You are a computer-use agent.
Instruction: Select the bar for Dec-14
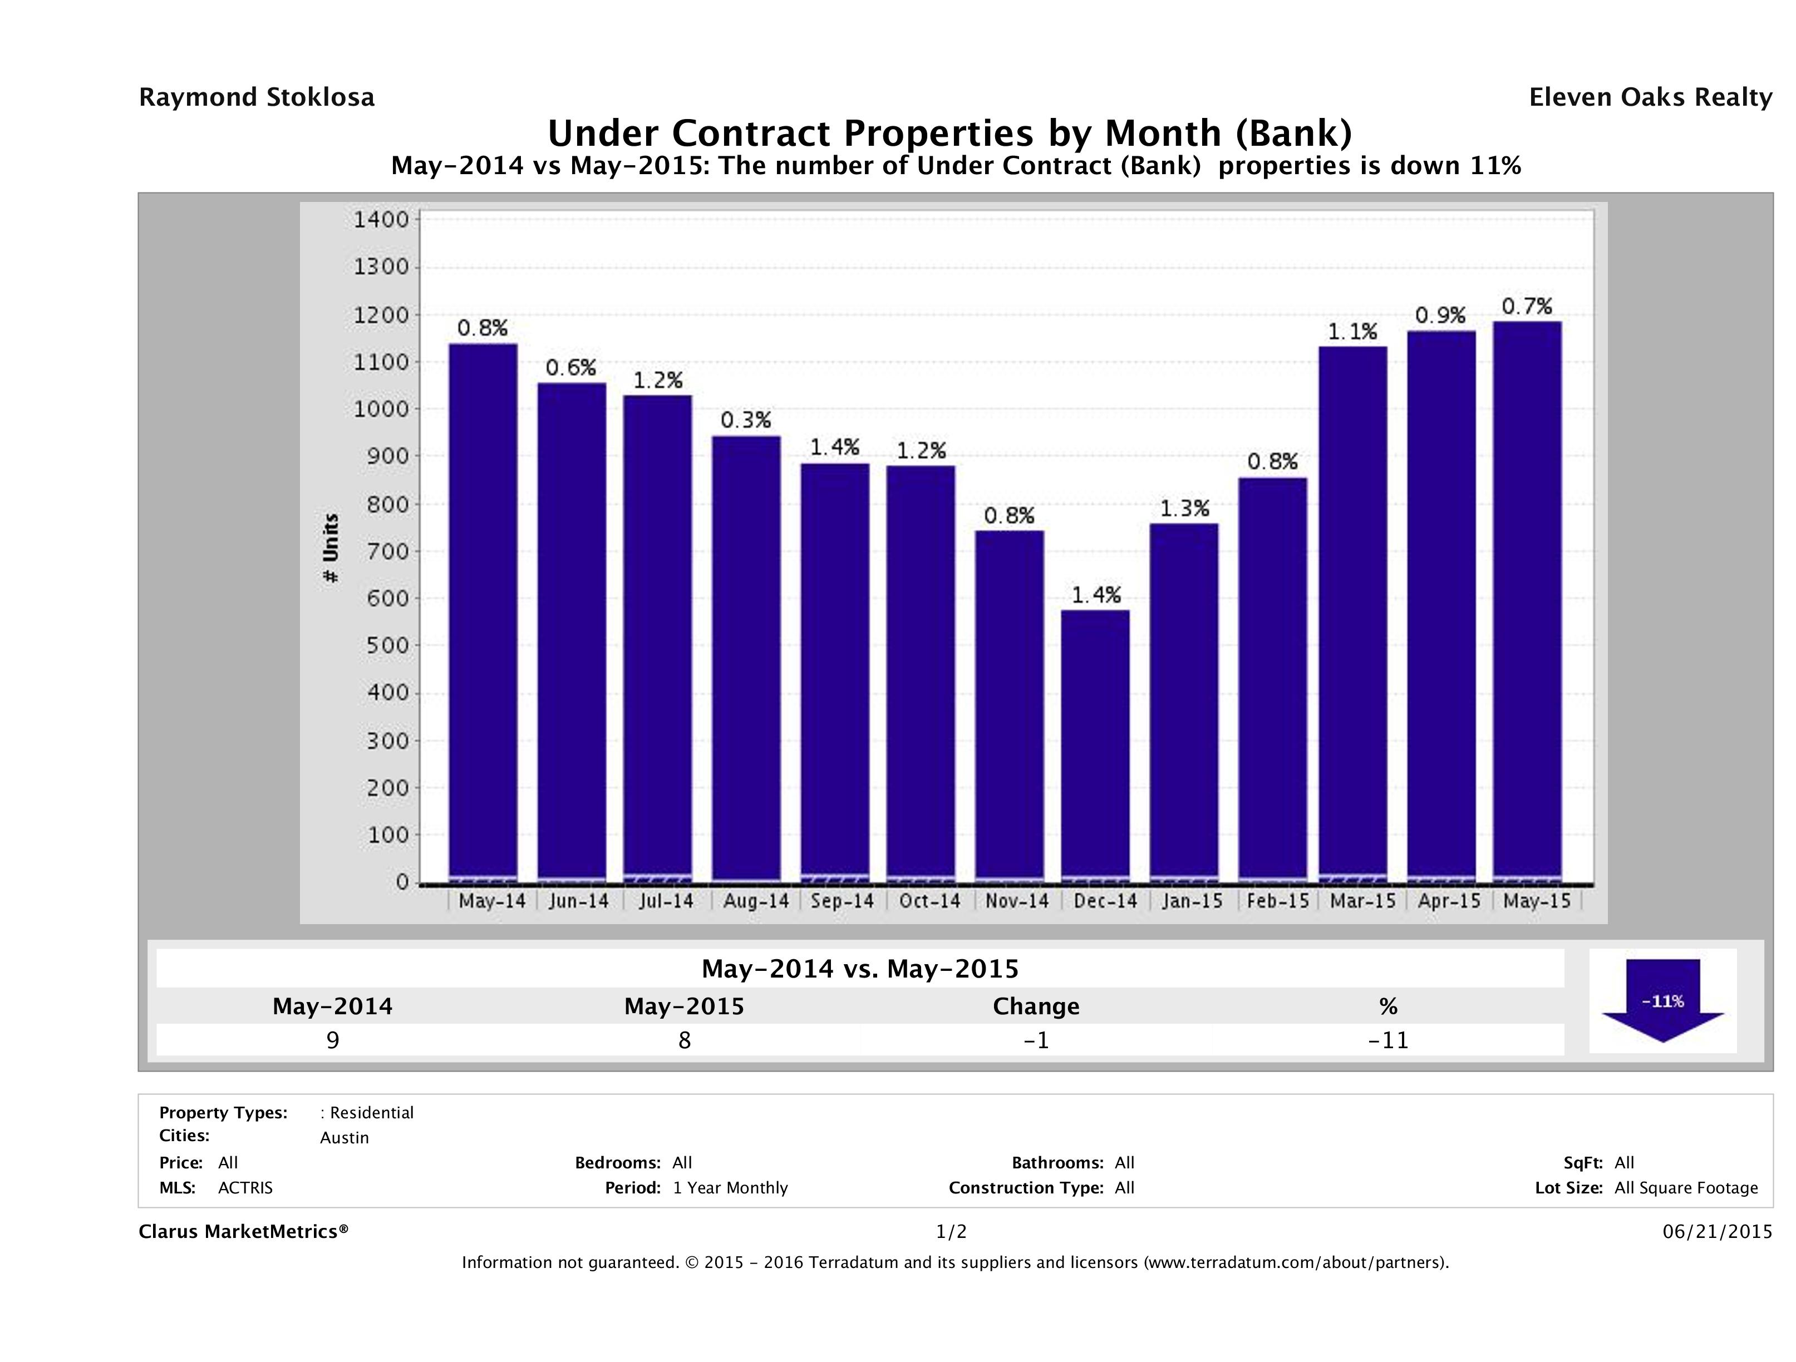pyautogui.click(x=1095, y=745)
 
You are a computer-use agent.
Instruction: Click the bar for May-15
pyautogui.click(x=1527, y=601)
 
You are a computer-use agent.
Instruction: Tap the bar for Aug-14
pyautogui.click(x=746, y=658)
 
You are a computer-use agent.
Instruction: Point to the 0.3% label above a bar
pyautogui.click(x=745, y=420)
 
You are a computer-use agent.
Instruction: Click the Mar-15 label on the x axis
pyautogui.click(x=1362, y=901)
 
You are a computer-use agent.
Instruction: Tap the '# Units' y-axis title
pyautogui.click(x=331, y=548)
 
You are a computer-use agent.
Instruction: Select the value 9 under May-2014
pyautogui.click(x=332, y=1040)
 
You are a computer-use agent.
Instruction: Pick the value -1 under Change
pyautogui.click(x=1036, y=1040)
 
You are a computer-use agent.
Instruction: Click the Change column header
pyautogui.click(x=1036, y=1006)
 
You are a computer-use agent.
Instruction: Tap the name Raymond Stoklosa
pyautogui.click(x=257, y=97)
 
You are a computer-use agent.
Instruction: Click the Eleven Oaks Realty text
pyautogui.click(x=1650, y=97)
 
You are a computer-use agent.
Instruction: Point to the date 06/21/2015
pyautogui.click(x=1716, y=1231)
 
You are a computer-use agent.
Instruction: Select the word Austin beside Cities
pyautogui.click(x=345, y=1138)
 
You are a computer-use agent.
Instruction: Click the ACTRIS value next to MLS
pyautogui.click(x=245, y=1187)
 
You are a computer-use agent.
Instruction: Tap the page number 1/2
pyautogui.click(x=951, y=1231)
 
